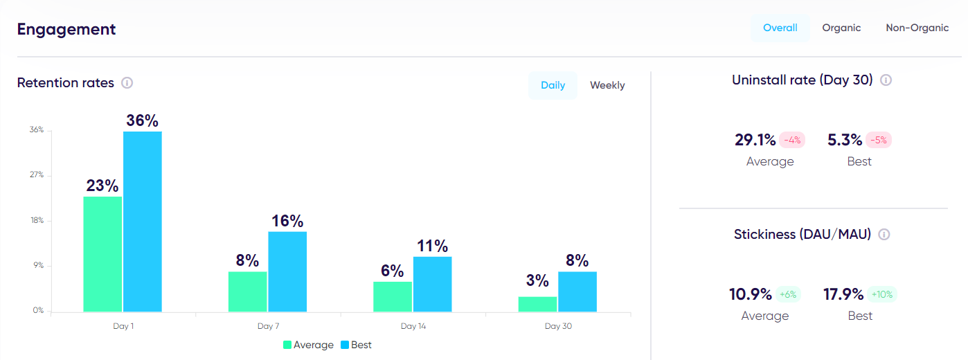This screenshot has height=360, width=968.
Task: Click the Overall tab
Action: pyautogui.click(x=780, y=28)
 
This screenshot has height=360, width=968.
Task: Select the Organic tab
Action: pyautogui.click(x=841, y=28)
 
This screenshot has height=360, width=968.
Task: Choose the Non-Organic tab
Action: pyautogui.click(x=917, y=28)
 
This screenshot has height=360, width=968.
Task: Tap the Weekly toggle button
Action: pyautogui.click(x=607, y=85)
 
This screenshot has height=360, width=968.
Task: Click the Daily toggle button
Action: pyautogui.click(x=553, y=85)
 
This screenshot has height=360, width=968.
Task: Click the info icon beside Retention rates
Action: pyautogui.click(x=127, y=83)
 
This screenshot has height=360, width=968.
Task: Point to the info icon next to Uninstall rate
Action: pyautogui.click(x=886, y=80)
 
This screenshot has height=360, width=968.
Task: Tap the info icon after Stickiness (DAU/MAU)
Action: pyautogui.click(x=884, y=234)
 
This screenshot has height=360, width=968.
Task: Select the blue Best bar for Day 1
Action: pyautogui.click(x=143, y=222)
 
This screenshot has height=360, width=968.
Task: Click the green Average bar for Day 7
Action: pyautogui.click(x=247, y=291)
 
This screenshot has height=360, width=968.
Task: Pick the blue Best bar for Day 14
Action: pyautogui.click(x=432, y=285)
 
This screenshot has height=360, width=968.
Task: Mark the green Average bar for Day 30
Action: pyautogui.click(x=537, y=305)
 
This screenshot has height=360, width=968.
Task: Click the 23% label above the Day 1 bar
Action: pyautogui.click(x=102, y=186)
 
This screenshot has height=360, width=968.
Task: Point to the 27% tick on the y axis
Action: pyautogui.click(x=36, y=175)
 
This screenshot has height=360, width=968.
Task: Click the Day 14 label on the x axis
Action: pyautogui.click(x=413, y=326)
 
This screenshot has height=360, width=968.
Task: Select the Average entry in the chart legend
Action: pyautogui.click(x=308, y=345)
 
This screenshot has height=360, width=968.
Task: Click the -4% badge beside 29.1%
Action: pyautogui.click(x=791, y=140)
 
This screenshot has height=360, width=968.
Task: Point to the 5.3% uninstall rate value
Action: pyautogui.click(x=845, y=140)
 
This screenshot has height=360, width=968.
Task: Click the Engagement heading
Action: pyautogui.click(x=66, y=29)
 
